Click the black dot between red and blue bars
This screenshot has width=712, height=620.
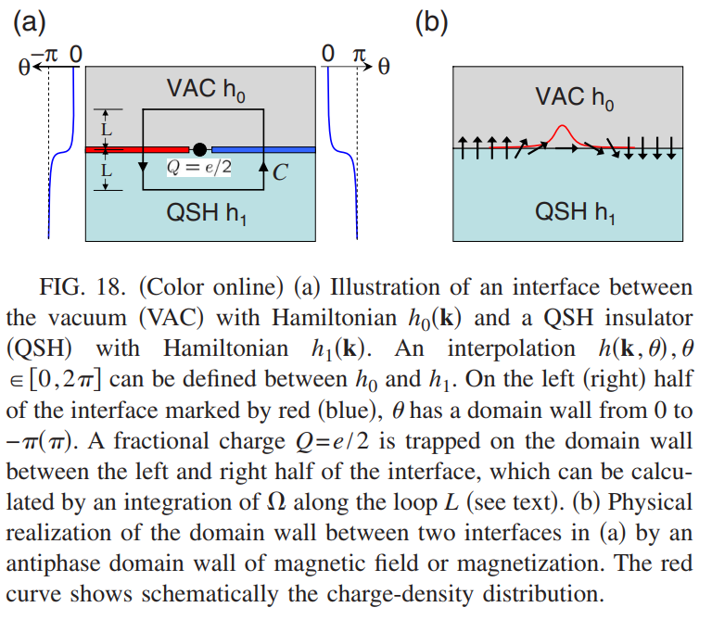pyautogui.click(x=200, y=149)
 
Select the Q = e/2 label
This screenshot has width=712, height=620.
pyautogui.click(x=199, y=167)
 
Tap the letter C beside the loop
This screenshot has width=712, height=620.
pyautogui.click(x=280, y=172)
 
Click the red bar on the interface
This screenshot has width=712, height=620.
pyautogui.click(x=137, y=149)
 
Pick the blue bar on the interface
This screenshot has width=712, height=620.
pyautogui.click(x=264, y=149)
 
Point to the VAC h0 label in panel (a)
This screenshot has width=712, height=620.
pyautogui.click(x=206, y=89)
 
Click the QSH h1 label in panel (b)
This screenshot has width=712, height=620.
pyautogui.click(x=575, y=212)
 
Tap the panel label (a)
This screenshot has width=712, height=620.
pyautogui.click(x=30, y=22)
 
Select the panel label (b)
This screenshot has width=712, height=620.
pyautogui.click(x=431, y=22)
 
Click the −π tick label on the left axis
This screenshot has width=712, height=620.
pyautogui.click(x=44, y=55)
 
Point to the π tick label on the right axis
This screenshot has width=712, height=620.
pyautogui.click(x=359, y=55)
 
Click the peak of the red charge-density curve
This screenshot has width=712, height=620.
pyautogui.click(x=562, y=125)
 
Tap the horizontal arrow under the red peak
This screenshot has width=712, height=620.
pyautogui.click(x=566, y=148)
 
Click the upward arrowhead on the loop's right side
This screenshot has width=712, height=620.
pyautogui.click(x=263, y=167)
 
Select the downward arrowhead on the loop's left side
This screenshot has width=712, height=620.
pyautogui.click(x=143, y=167)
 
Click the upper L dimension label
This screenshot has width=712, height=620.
pyautogui.click(x=107, y=130)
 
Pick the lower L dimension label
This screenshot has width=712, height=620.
pyautogui.click(x=107, y=171)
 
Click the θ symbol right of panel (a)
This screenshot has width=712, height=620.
pyautogui.click(x=384, y=67)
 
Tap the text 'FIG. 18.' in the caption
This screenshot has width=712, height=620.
pyautogui.click(x=83, y=287)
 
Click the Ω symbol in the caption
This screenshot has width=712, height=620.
pyautogui.click(x=276, y=502)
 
